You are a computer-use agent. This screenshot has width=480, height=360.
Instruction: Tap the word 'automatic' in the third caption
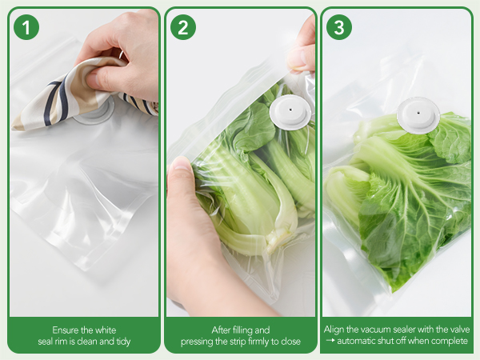tap(357, 342)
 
